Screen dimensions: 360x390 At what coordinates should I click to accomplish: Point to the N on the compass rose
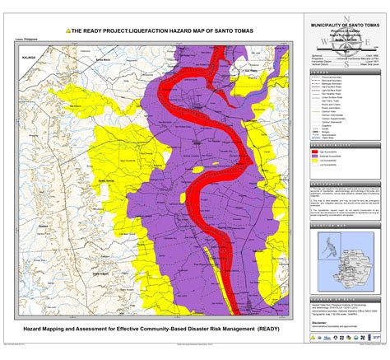click(346, 17)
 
